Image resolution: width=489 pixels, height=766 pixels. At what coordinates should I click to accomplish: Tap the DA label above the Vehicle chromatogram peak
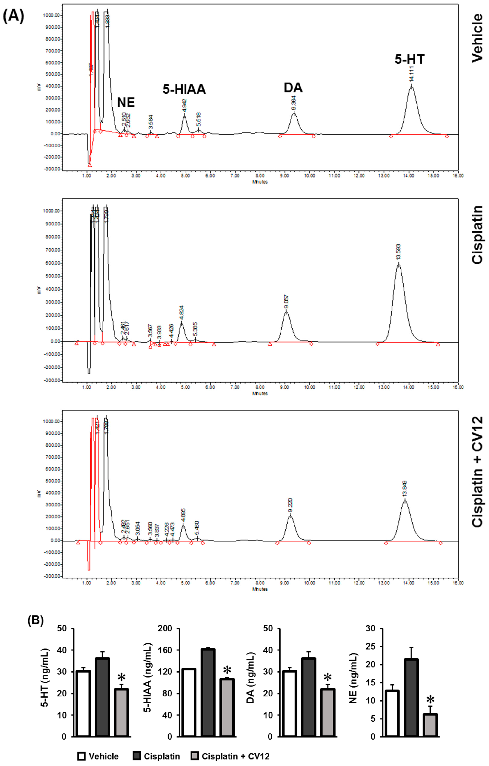[x=293, y=88]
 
